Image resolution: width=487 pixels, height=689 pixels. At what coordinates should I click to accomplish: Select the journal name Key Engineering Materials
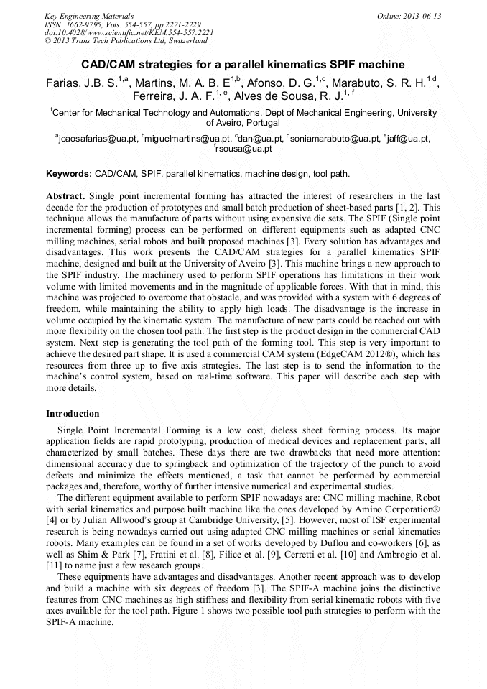89,16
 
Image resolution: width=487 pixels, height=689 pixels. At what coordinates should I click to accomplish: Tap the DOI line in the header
129,32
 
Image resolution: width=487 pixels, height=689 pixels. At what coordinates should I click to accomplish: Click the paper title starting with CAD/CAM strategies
243,64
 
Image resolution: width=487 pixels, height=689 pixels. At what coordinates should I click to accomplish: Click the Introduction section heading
73,414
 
